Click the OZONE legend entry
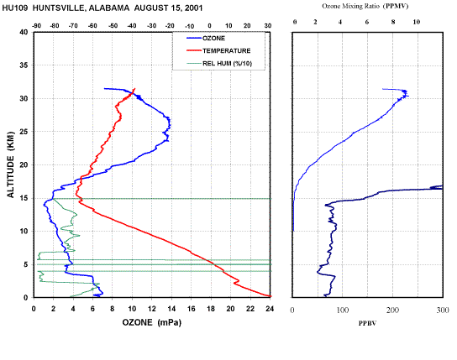[x=206, y=39]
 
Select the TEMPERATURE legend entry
[x=218, y=51]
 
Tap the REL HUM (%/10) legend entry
[x=219, y=64]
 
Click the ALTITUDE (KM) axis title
[x=10, y=164]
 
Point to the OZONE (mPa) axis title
[x=151, y=322]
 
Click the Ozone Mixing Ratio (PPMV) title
[x=365, y=6]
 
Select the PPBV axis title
[x=367, y=323]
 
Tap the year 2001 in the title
[x=193, y=8]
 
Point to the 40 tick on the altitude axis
[x=24, y=32]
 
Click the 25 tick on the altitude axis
[x=24, y=132]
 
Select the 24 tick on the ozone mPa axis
[x=270, y=309]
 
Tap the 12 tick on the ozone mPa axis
[x=151, y=309]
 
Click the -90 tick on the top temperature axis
[x=36, y=26]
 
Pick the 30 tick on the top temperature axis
[x=268, y=26]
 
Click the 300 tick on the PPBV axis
[x=443, y=310]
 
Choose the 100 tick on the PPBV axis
[x=343, y=310]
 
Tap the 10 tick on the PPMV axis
[x=417, y=22]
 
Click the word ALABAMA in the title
[x=109, y=8]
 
